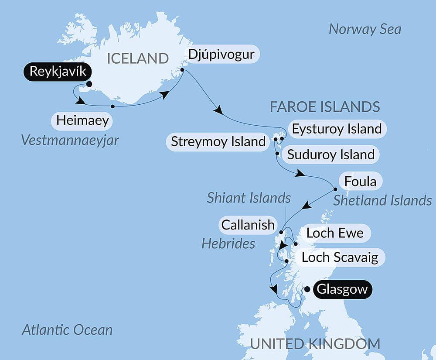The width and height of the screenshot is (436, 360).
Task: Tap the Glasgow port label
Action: pyautogui.click(x=341, y=289)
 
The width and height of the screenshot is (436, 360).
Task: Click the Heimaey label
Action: pyautogui.click(x=82, y=120)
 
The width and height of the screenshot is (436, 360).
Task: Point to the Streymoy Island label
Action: pyautogui.click(x=218, y=141)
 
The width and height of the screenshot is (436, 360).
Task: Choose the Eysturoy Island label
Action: pyautogui.click(x=337, y=129)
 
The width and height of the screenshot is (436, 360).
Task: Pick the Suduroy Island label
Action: pyautogui.click(x=331, y=154)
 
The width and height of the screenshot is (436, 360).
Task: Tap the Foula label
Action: pyautogui.click(x=360, y=181)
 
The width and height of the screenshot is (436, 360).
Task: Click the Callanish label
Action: pyautogui.click(x=248, y=225)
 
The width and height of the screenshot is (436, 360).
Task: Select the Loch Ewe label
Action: pyautogui.click(x=335, y=233)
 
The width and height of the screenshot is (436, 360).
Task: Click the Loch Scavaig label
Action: pyautogui.click(x=340, y=257)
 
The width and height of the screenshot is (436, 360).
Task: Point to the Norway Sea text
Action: pyautogui.click(x=364, y=29)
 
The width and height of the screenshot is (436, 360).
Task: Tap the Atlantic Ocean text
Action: pyautogui.click(x=67, y=330)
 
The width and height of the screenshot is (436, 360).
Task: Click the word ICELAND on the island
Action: pyautogui.click(x=137, y=58)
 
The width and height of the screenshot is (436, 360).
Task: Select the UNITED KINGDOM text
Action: pyautogui.click(x=315, y=344)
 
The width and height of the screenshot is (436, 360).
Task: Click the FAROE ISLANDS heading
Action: pyautogui.click(x=325, y=106)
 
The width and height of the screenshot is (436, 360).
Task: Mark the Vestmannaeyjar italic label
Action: pyautogui.click(x=69, y=140)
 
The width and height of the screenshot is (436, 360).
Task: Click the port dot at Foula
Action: pyautogui.click(x=335, y=189)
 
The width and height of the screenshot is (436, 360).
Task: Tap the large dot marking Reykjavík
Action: pyautogui.click(x=89, y=84)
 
